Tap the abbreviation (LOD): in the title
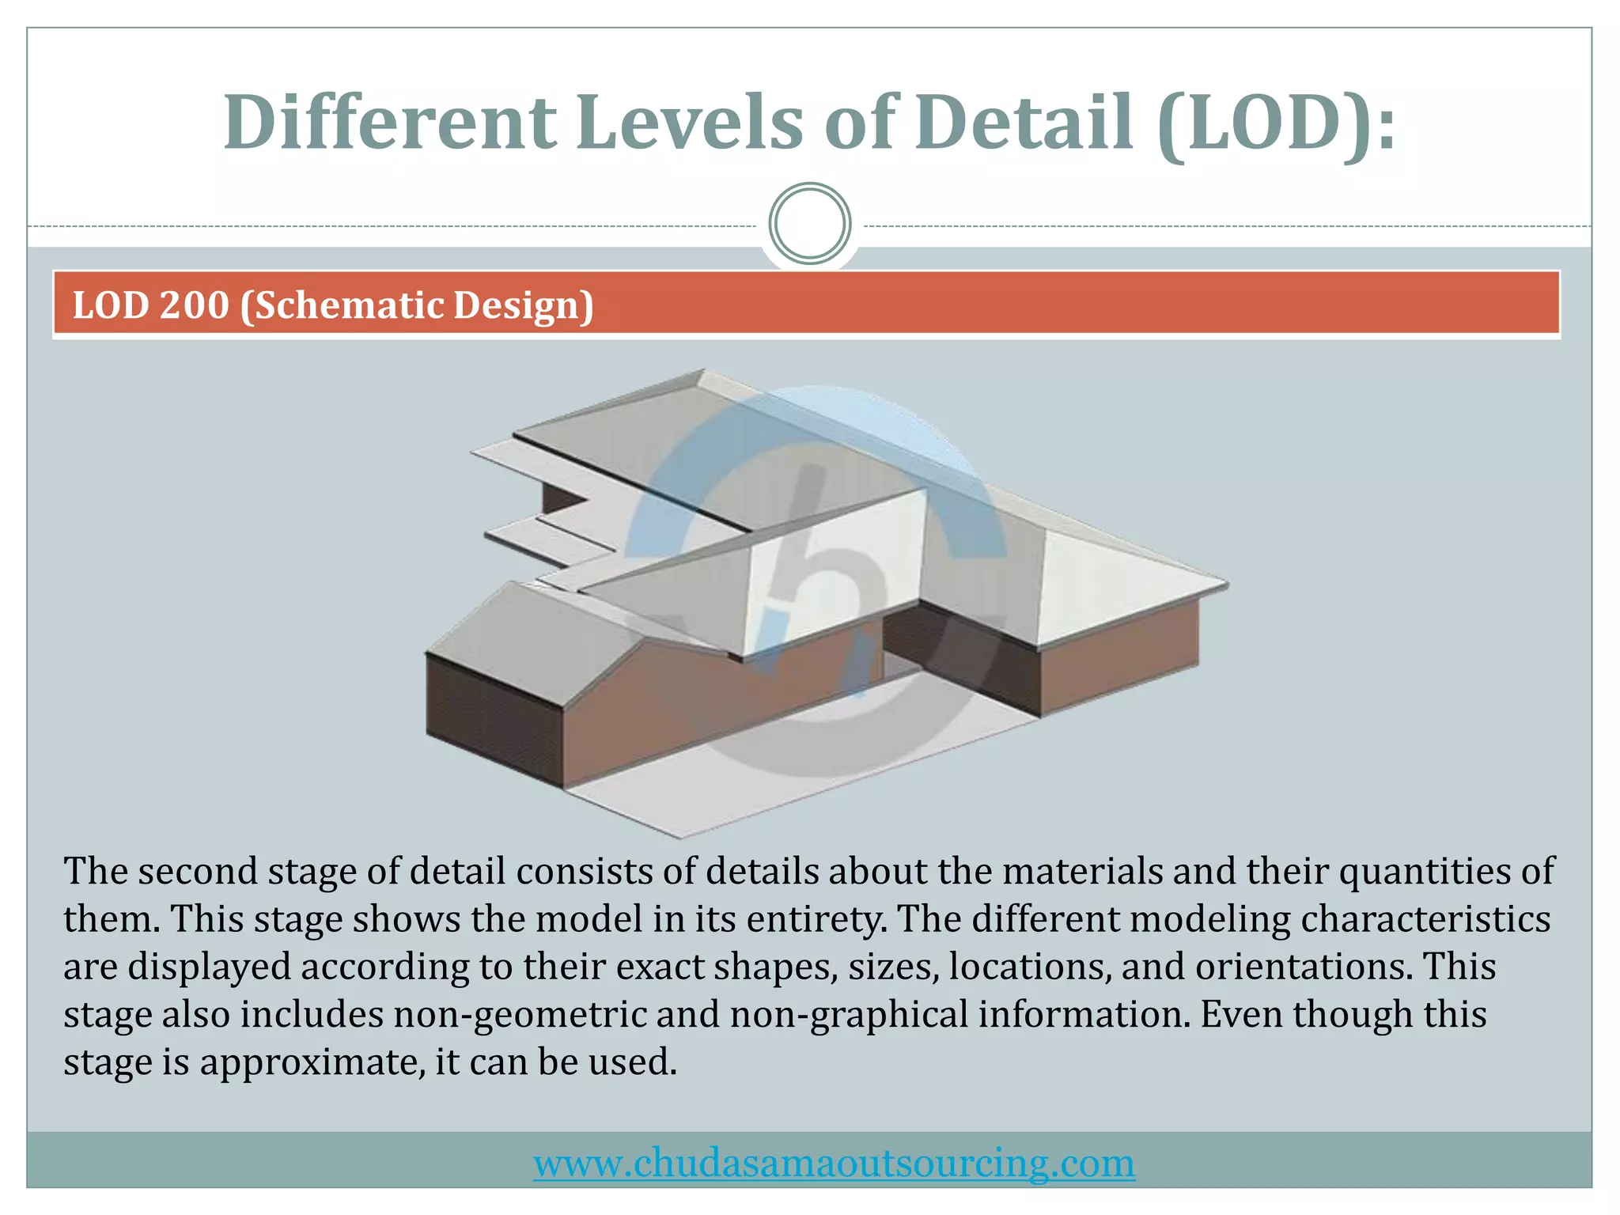(x=1275, y=123)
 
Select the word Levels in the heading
(x=688, y=123)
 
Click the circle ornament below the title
(x=810, y=224)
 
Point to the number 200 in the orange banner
(x=195, y=305)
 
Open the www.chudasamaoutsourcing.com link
(x=834, y=1163)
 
